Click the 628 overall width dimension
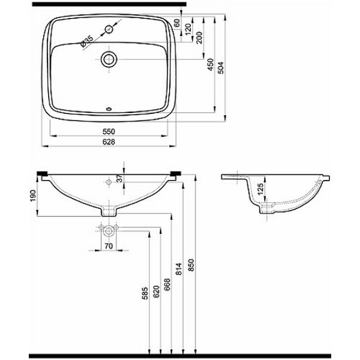tap(109, 142)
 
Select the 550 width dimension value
tap(109, 131)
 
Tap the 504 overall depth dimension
tap(221, 68)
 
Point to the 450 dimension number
tap(211, 65)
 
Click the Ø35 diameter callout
tap(87, 42)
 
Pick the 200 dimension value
tap(199, 37)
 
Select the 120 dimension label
tap(188, 29)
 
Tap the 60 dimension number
tap(177, 23)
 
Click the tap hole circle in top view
tap(109, 29)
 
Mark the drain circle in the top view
tap(109, 59)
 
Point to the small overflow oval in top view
tap(109, 109)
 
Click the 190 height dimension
tap(33, 196)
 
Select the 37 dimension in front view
tap(120, 178)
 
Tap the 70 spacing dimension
tap(109, 246)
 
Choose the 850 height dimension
tap(191, 265)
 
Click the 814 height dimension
tap(179, 269)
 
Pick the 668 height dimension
tap(167, 284)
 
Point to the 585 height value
tap(145, 293)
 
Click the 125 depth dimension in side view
tap(261, 189)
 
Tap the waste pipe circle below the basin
tap(109, 231)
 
